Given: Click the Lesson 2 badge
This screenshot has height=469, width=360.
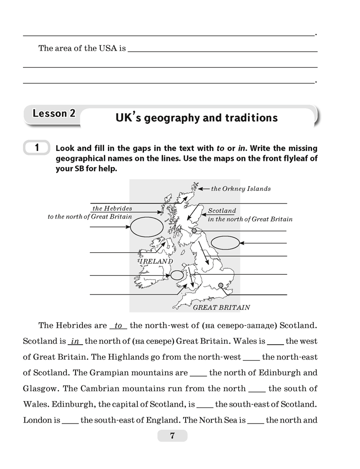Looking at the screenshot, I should (x=54, y=114).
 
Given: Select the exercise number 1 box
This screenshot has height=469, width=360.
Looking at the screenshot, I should (x=36, y=148).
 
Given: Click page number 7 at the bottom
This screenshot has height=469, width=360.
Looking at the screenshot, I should (x=172, y=436).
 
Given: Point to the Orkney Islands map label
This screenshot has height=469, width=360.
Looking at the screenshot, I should (x=240, y=189).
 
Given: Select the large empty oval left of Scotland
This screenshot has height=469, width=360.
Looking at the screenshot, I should (x=143, y=228).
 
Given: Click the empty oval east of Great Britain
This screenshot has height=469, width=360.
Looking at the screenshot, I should (x=225, y=242).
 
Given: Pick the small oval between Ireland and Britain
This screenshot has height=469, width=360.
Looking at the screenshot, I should (x=177, y=275).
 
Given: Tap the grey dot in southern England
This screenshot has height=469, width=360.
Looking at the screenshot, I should (x=221, y=285).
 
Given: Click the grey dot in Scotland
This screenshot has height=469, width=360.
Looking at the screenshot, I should (x=194, y=231).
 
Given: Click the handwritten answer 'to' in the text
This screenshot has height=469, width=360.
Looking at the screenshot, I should (x=118, y=325).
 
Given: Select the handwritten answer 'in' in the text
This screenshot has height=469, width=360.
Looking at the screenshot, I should (x=75, y=341).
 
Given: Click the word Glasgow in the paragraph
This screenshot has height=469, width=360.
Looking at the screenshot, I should (x=40, y=388).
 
